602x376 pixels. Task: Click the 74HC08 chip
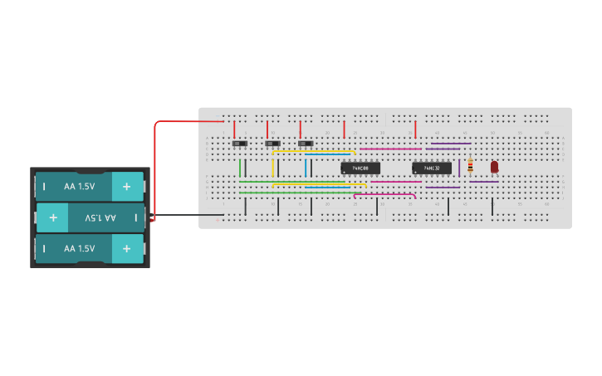point(360,168)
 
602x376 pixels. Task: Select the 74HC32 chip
point(432,168)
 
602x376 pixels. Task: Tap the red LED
point(494,167)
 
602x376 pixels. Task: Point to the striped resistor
point(471,166)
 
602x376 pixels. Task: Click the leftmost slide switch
point(240,144)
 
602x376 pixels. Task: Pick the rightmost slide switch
point(306,144)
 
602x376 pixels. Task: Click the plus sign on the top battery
point(126,187)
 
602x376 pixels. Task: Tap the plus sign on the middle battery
point(53,217)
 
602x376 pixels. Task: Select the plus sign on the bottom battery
point(126,248)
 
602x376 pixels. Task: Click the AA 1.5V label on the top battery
point(80,187)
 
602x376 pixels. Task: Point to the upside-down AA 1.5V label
point(100,217)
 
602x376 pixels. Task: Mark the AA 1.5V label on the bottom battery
point(80,248)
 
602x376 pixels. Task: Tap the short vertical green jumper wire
point(240,168)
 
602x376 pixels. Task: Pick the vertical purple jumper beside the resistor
point(459,168)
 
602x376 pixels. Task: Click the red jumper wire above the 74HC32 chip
point(415,129)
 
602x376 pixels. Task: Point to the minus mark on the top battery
point(44,187)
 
